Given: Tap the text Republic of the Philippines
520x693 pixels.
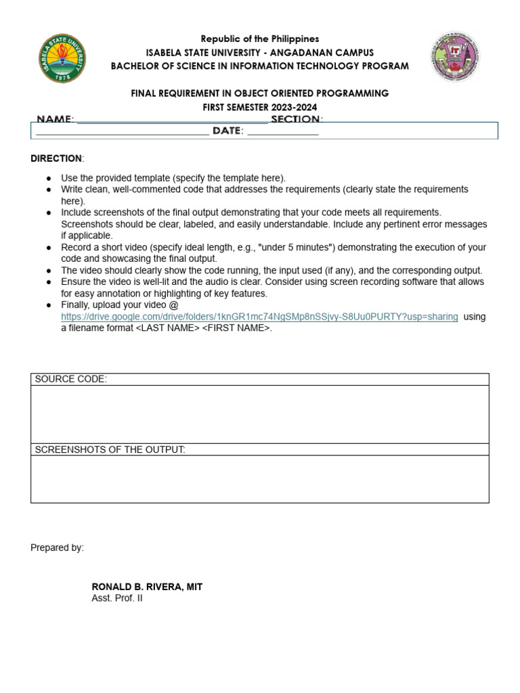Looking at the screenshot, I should coord(260,39).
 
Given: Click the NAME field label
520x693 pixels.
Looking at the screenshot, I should coord(55,119).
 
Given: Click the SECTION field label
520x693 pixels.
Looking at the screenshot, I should coord(295,119).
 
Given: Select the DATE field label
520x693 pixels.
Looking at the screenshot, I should coord(227,131).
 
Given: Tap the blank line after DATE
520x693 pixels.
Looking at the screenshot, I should coord(282,131).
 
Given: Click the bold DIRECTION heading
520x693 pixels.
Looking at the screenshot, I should coord(56,158).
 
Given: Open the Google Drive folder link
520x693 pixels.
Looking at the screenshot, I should coord(259,317).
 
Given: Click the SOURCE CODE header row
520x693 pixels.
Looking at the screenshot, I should coord(259,379).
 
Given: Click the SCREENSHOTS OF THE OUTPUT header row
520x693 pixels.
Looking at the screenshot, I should coord(259,449).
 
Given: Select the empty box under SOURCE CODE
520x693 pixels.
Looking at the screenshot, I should coord(259,414).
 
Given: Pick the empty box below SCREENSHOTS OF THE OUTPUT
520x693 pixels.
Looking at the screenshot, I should coord(259,479).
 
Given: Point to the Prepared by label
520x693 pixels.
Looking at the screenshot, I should coord(57,547).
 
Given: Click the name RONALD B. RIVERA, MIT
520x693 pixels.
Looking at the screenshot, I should coord(147,587).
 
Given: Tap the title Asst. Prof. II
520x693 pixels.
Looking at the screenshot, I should coord(117,598).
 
